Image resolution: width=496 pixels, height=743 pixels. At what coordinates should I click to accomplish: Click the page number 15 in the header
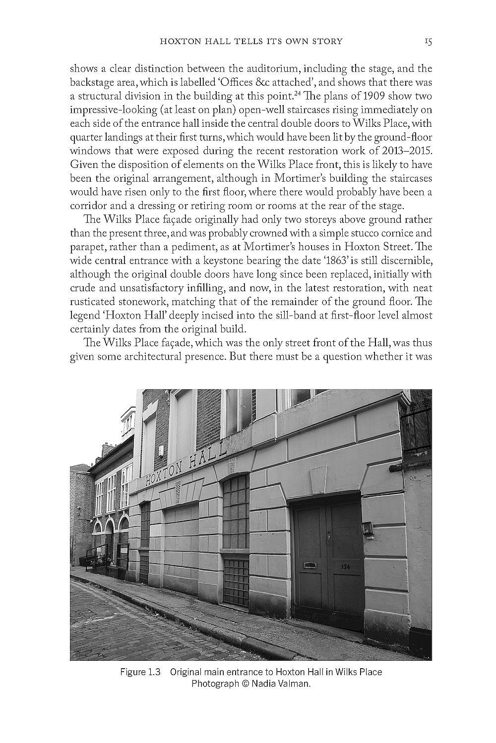coord(428,42)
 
